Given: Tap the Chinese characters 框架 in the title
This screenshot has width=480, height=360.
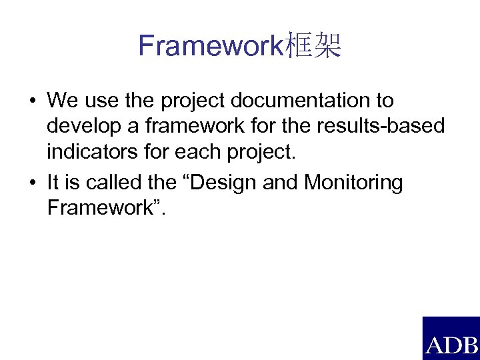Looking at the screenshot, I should coord(313,46).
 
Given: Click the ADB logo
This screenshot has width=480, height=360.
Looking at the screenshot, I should coord(451,338).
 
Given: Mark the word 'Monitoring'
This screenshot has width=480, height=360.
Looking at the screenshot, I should coord(353,182).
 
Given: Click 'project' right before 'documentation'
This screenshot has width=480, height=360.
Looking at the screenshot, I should coord(193,102).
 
